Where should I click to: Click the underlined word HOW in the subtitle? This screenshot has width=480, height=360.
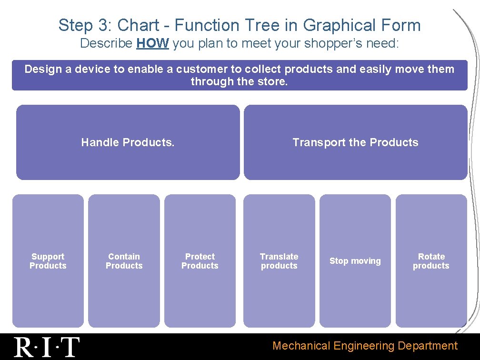point(152,44)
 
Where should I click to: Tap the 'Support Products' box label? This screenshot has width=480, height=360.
point(48,261)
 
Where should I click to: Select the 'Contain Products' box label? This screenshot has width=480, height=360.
point(124,261)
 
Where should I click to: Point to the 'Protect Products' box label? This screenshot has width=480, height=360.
point(200,261)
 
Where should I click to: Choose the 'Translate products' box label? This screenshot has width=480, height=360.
point(279,261)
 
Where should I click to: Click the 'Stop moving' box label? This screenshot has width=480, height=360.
point(355,261)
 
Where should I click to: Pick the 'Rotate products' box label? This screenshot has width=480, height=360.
point(431,261)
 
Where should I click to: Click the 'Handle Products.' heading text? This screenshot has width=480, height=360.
point(128,142)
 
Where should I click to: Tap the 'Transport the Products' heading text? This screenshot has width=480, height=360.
point(355,142)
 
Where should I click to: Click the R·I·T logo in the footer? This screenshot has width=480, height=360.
point(47,347)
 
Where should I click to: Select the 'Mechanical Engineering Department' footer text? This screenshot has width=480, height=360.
point(365,346)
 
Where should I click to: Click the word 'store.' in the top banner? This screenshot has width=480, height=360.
point(274,81)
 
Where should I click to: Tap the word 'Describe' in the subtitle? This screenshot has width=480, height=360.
point(106,44)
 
